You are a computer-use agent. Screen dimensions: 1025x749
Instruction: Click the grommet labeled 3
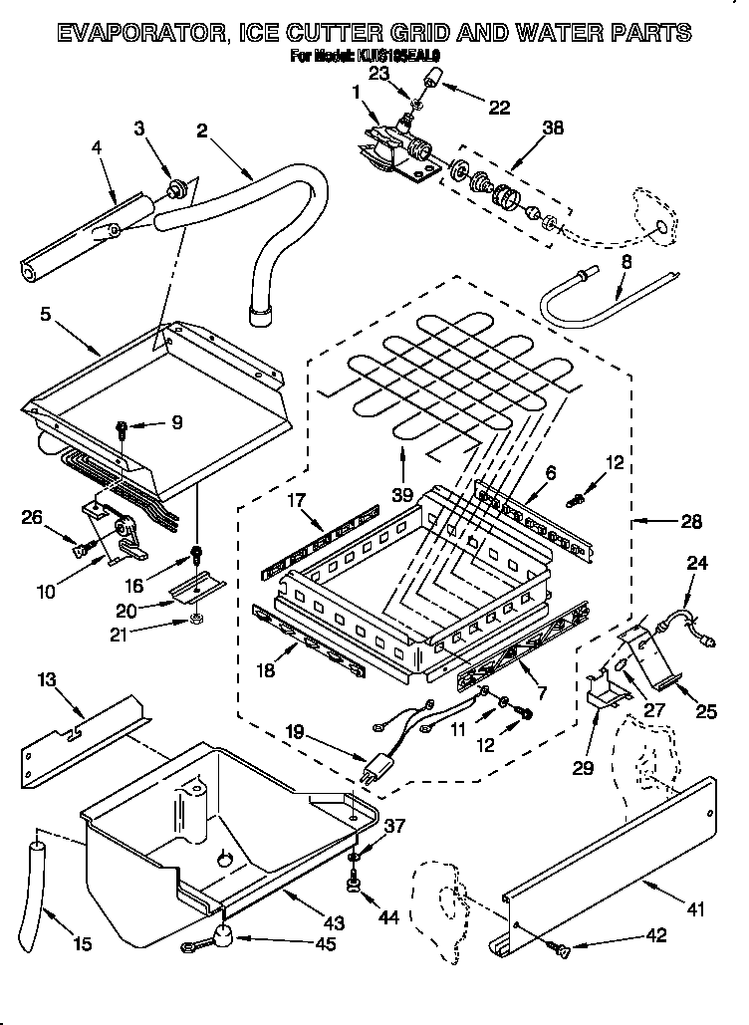(x=180, y=186)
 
